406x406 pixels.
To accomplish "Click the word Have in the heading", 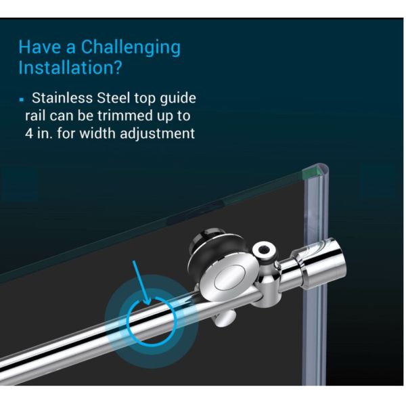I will click(x=38, y=47).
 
